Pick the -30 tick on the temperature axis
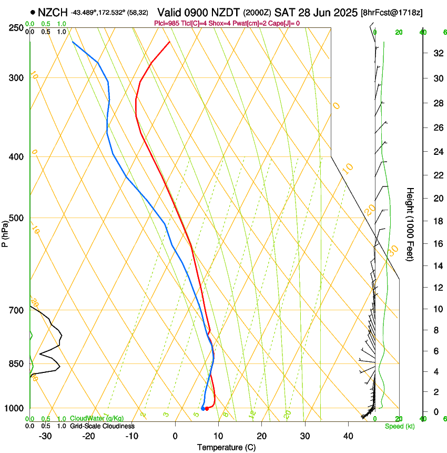click(x=45, y=436)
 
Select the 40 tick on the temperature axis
click(x=348, y=436)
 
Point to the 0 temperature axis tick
click(x=175, y=436)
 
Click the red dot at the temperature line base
click(x=207, y=408)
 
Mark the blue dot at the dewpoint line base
click(x=202, y=408)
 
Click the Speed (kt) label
click(x=399, y=426)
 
